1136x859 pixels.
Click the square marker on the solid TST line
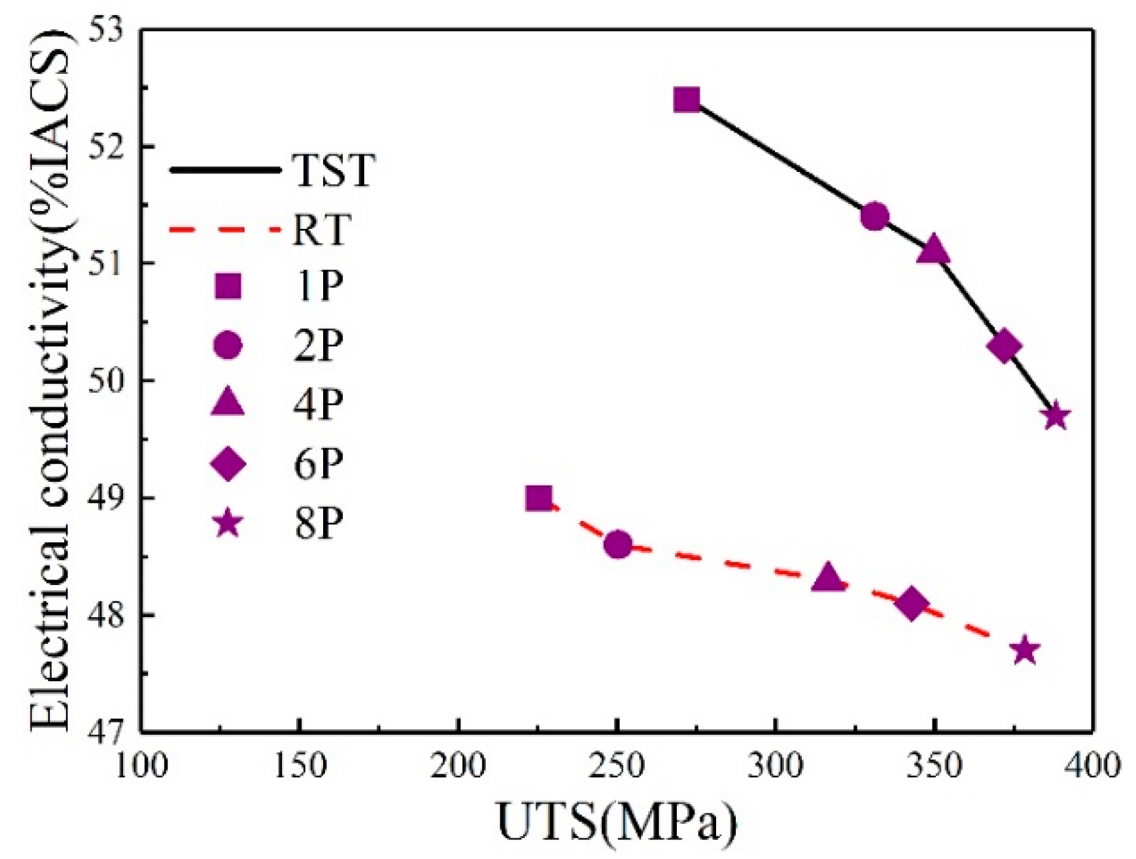[687, 100]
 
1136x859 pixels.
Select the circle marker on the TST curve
[874, 216]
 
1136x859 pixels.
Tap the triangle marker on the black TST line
[933, 250]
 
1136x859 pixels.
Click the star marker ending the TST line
[1056, 416]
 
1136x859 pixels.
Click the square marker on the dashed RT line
[539, 499]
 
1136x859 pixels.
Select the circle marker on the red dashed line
[618, 545]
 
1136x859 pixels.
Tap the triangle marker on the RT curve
[829, 579]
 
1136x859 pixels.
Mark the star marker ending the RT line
[1025, 650]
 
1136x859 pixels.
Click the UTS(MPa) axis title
[617, 822]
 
